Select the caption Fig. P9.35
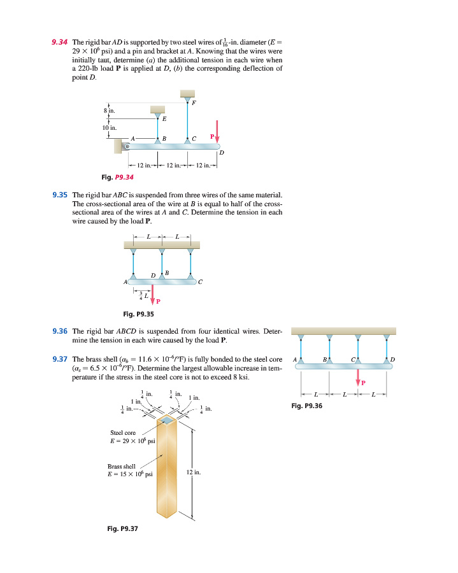(x=138, y=313)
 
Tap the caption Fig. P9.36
(x=307, y=405)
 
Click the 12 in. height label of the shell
(x=194, y=472)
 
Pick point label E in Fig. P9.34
(x=164, y=119)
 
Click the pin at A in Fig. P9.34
(x=127, y=146)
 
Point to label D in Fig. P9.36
(x=392, y=360)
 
